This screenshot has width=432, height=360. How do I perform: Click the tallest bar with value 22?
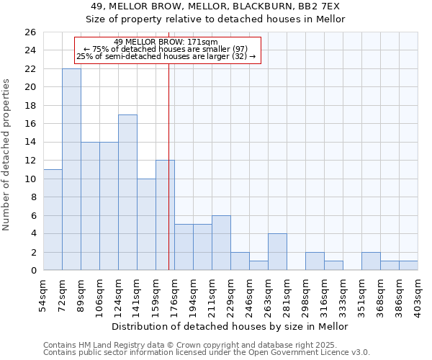(71, 169)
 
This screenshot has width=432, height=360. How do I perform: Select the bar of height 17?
(127, 192)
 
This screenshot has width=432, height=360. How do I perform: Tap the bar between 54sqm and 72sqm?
(53, 220)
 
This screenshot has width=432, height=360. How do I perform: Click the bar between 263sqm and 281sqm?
(277, 252)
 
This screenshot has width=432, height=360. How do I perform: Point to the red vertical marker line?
(168, 166)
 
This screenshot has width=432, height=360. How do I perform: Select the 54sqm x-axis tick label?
(44, 294)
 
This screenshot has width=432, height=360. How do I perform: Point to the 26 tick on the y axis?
(30, 32)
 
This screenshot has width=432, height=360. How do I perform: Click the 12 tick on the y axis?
(30, 161)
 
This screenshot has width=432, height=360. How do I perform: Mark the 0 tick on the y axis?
(32, 271)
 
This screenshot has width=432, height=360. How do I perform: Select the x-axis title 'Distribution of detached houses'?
(230, 326)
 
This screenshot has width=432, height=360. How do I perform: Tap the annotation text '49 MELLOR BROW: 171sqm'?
(166, 42)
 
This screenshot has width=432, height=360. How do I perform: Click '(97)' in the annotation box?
(240, 49)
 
